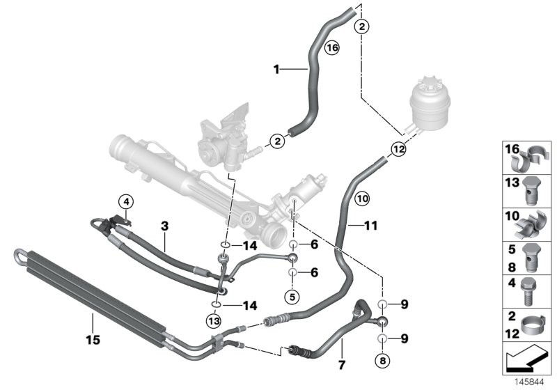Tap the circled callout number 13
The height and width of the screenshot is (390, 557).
click(213, 320)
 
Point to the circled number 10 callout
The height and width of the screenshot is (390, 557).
click(361, 198)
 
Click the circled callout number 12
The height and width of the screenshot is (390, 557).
click(398, 148)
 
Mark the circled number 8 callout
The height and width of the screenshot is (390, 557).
click(381, 361)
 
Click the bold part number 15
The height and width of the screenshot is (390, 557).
click(93, 340)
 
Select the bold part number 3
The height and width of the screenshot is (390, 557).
click(164, 226)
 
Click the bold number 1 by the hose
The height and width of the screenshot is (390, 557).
click(276, 69)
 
